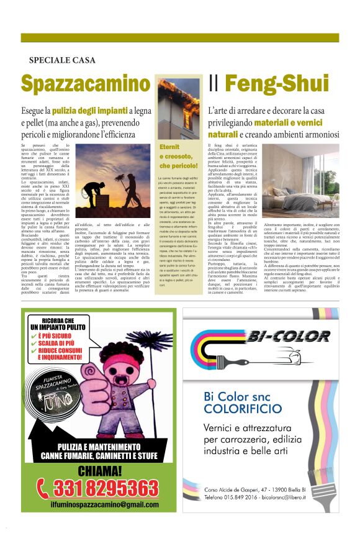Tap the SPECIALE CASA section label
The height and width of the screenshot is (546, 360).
(62, 60)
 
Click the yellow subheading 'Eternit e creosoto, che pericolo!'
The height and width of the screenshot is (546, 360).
(178, 157)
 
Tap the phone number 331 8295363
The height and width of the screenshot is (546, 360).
(106, 486)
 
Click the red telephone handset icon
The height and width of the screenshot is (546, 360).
(43, 487)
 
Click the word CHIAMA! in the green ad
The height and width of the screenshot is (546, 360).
(99, 469)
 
